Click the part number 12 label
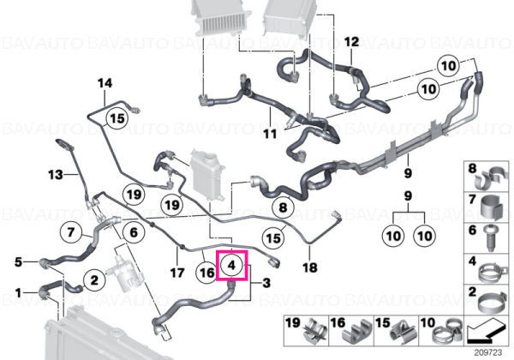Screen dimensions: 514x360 point(352,42)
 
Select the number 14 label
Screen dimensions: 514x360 point(105,83)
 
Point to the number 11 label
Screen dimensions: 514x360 point(270,134)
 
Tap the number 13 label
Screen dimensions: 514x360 point(56,174)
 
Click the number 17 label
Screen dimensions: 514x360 point(177,273)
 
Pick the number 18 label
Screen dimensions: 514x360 point(310,267)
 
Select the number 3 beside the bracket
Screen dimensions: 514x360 point(266,283)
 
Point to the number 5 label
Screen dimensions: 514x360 point(18,262)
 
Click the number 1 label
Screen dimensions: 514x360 point(18,293)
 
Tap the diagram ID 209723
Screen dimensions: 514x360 point(488,353)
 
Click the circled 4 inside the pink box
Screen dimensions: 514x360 point(232,265)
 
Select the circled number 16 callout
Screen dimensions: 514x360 point(206,273)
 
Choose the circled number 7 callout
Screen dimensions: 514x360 point(71,232)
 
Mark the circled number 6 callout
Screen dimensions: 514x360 point(134,232)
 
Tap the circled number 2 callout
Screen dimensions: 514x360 point(94,280)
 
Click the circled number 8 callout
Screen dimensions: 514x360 point(283,207)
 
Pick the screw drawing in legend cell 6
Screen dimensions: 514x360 point(490,237)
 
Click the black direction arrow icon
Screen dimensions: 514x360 point(486,333)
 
